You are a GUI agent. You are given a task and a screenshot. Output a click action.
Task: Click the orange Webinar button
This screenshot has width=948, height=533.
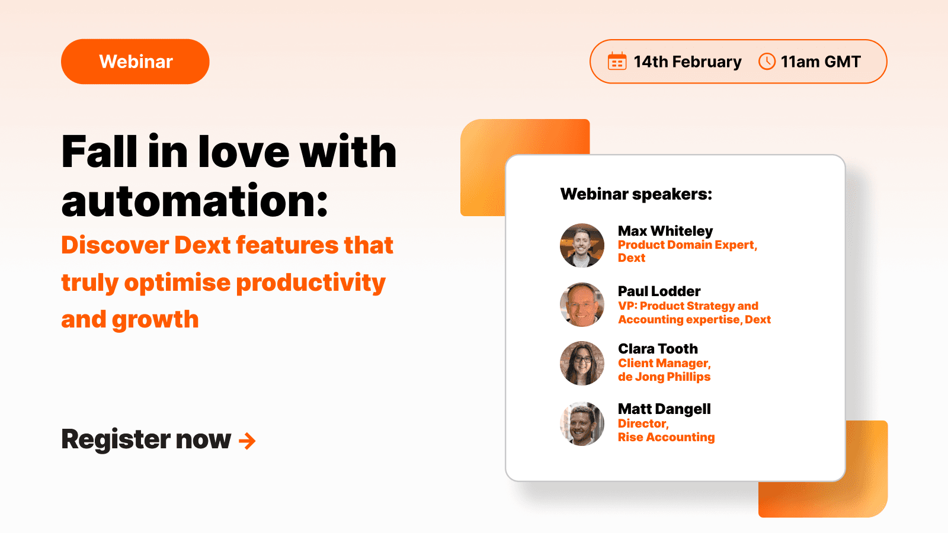point(135,62)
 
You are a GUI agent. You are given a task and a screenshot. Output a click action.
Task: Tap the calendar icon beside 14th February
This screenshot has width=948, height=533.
point(617,62)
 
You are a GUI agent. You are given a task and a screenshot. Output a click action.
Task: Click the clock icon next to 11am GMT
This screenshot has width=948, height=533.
point(767,62)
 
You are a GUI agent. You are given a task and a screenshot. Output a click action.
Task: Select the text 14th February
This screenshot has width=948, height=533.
point(687,62)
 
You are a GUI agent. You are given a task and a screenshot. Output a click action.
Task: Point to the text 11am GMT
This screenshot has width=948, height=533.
point(821,62)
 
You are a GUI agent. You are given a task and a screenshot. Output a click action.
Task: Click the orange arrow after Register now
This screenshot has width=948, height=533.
point(247,441)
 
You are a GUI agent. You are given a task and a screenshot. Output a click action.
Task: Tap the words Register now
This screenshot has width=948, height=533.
point(146,439)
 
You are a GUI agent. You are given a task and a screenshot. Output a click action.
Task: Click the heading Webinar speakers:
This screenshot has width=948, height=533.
point(636,194)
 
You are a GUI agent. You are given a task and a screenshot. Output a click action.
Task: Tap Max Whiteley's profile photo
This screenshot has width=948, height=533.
point(582,245)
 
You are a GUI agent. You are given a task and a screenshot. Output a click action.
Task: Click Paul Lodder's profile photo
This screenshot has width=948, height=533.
point(582,304)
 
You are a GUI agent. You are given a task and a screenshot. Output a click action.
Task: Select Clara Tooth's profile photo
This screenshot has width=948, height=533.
point(582,363)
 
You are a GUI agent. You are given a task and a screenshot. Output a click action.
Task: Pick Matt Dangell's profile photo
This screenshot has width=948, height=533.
point(582,423)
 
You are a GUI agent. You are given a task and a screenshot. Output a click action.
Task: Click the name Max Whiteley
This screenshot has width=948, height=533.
point(665,231)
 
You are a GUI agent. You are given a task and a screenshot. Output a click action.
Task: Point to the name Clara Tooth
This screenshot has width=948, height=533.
point(658,349)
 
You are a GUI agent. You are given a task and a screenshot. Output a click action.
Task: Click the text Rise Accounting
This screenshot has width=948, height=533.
point(666,437)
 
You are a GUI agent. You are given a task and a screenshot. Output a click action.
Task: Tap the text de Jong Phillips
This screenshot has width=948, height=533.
point(664,377)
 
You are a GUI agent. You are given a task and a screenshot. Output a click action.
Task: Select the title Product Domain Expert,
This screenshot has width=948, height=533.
point(687,245)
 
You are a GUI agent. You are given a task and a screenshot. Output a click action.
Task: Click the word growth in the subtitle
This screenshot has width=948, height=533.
point(155,320)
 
